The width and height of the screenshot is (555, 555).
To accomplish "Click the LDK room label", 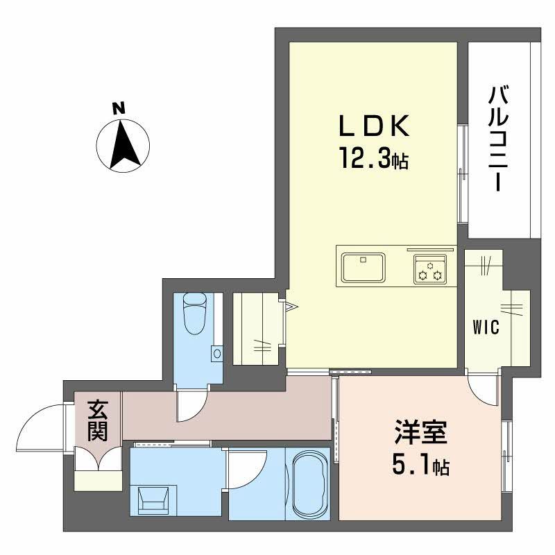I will click(x=375, y=128).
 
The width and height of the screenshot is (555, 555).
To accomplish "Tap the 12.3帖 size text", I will click(x=373, y=161).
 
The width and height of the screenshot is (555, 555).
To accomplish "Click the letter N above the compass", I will click(x=119, y=108).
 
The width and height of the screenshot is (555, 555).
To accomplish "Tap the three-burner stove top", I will click(x=430, y=268).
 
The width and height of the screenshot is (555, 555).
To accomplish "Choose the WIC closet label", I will click(x=486, y=328).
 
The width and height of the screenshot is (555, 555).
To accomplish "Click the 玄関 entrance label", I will click(x=97, y=422).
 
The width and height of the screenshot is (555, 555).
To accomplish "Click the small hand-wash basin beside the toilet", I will click(x=216, y=354).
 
